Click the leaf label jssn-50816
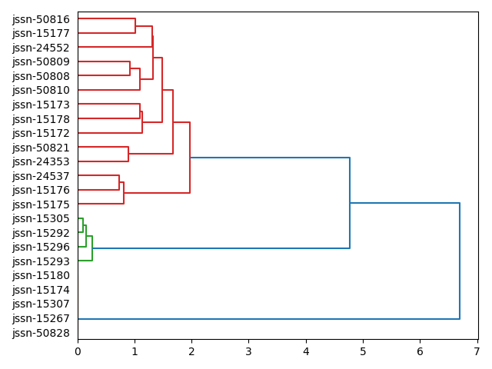(41, 19)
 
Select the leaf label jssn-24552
(41, 48)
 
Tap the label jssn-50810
(41, 90)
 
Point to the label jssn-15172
(41, 133)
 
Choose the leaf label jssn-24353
(41, 161)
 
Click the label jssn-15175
(41, 204)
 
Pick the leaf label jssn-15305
(41, 218)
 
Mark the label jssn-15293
(41, 261)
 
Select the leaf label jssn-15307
(41, 304)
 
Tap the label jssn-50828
(41, 333)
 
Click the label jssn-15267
(41, 318)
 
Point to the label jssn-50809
(41, 61)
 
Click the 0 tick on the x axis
(78, 351)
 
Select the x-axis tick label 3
(248, 351)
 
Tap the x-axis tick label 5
(363, 351)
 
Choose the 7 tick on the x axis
(477, 351)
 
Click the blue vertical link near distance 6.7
(460, 261)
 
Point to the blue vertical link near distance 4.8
(350, 203)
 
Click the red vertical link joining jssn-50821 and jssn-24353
(128, 154)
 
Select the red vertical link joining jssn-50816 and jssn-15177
(135, 26)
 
